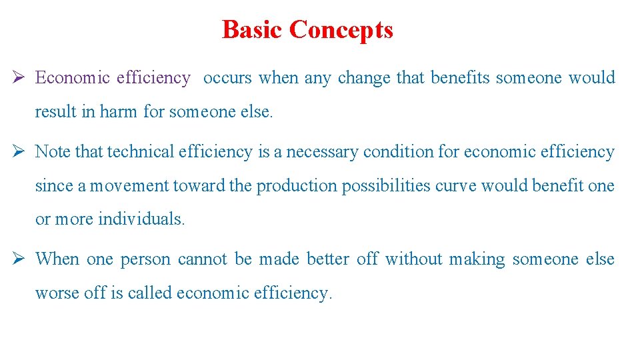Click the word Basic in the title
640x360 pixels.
(253, 30)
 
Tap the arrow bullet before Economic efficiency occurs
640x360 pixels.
(21, 78)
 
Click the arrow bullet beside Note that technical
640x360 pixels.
(21, 152)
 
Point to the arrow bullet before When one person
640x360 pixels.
(21, 259)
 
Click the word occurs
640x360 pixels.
(227, 78)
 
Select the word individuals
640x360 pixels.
(141, 219)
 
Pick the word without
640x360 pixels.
(413, 259)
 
